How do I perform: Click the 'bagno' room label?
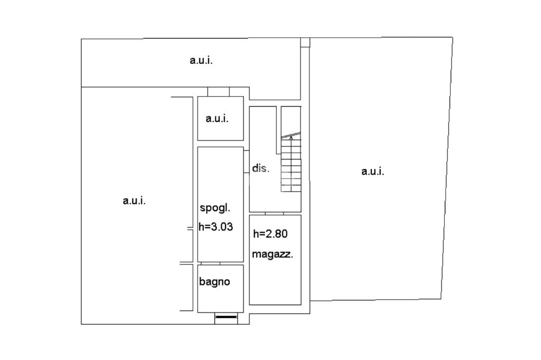tap(214, 282)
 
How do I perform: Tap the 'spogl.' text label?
tap(215, 207)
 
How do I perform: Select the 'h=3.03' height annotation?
tap(216, 227)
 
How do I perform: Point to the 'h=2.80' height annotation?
tap(270, 234)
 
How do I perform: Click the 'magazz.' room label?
tap(272, 254)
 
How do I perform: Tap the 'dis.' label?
tap(260, 168)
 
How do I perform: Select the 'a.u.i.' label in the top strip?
tap(201, 60)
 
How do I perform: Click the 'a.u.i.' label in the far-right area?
tap(373, 171)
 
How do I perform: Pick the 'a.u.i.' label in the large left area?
tap(134, 201)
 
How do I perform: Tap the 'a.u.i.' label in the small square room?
tap(217, 118)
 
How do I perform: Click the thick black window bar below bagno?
tap(226, 317)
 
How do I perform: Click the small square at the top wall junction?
tap(305, 43)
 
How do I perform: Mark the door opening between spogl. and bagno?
tap(211, 263)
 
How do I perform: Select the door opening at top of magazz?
tap(275, 213)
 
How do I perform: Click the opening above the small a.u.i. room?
tap(218, 92)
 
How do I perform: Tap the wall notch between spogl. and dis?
tap(246, 162)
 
